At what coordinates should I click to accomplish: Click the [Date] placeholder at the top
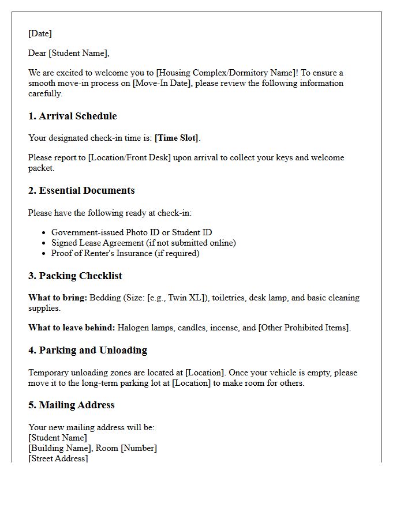coord(40,33)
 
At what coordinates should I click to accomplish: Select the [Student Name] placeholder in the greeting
coord(79,53)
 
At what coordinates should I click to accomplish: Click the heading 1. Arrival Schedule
coord(72,116)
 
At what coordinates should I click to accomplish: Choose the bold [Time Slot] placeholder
coord(176,138)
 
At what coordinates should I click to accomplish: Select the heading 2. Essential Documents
coord(81,190)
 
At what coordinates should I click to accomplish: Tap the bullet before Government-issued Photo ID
coord(44,233)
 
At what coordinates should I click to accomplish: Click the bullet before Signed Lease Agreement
coord(44,243)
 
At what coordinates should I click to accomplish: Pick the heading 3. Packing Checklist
coord(75,276)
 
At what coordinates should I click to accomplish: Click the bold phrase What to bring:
coord(57,298)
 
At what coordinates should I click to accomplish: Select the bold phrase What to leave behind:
coord(72,328)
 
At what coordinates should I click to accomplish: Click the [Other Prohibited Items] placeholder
coord(304,328)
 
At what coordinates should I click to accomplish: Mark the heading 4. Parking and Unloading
coord(87,350)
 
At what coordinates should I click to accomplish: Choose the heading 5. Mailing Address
coord(71,405)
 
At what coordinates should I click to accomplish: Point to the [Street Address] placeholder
coord(58,458)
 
